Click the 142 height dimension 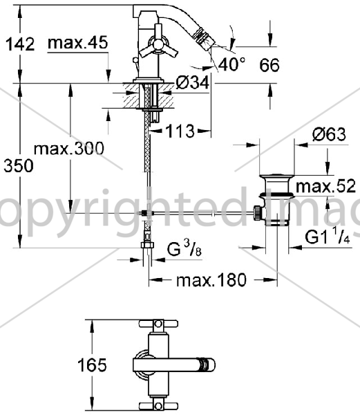tap(20, 44)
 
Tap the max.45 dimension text tap(78, 43)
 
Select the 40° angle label tap(231, 64)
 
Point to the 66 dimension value tap(269, 66)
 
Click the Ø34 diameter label tap(193, 83)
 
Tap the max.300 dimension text tap(69, 149)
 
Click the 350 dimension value tap(19, 166)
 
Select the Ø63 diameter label tap(329, 134)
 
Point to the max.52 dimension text tap(325, 186)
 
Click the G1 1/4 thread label tap(328, 237)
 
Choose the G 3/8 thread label tap(184, 249)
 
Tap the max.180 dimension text tap(211, 280)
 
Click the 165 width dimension tap(93, 365)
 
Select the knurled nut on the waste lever tap(257, 213)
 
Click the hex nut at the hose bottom tap(147, 245)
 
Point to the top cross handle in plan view tap(158, 324)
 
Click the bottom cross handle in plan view tap(158, 406)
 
